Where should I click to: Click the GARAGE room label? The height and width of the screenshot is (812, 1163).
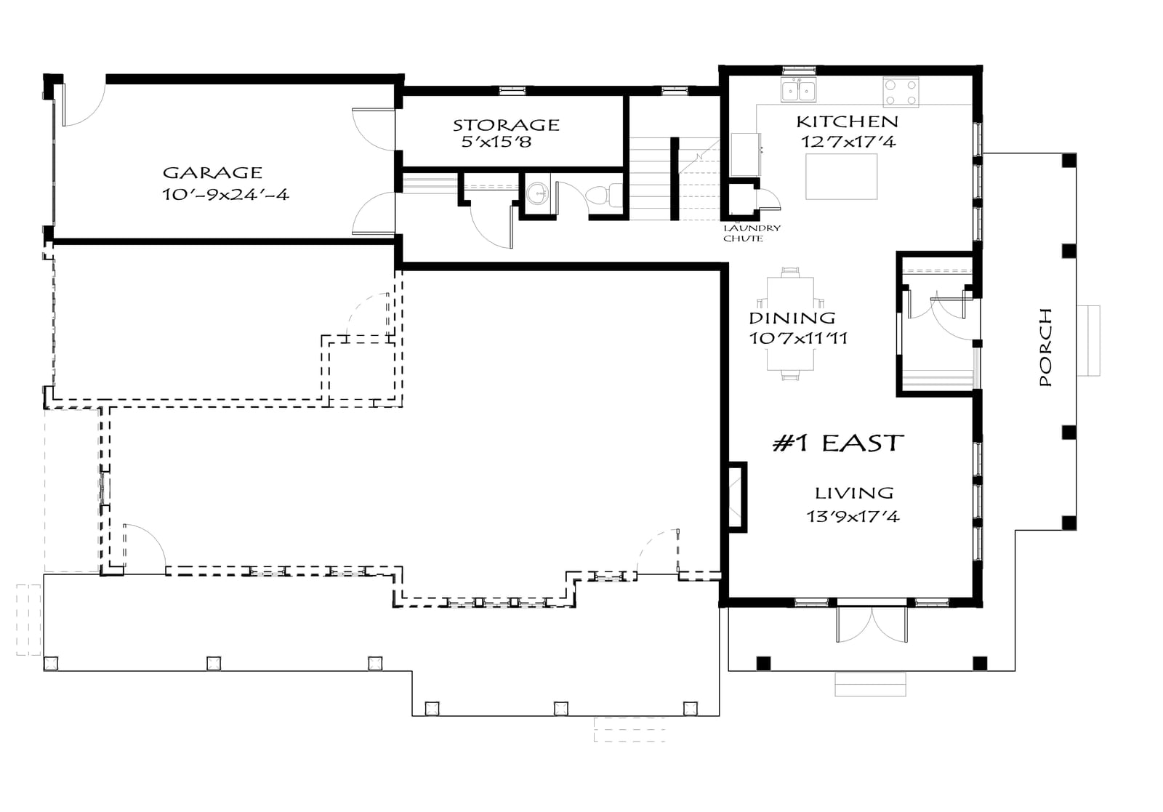pyautogui.click(x=212, y=172)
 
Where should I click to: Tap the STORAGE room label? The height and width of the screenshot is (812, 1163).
pyautogui.click(x=506, y=125)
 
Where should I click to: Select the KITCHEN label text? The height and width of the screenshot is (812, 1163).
pyautogui.click(x=848, y=122)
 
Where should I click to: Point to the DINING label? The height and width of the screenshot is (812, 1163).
pyautogui.click(x=792, y=318)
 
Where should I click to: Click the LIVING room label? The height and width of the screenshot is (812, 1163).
pyautogui.click(x=854, y=493)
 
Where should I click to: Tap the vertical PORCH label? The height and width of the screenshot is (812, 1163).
pyautogui.click(x=1046, y=347)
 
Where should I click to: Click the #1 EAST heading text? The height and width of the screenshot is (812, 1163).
pyautogui.click(x=838, y=443)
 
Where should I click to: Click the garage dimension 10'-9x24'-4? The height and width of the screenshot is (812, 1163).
pyautogui.click(x=225, y=195)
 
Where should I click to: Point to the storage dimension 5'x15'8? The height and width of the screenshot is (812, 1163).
pyautogui.click(x=497, y=142)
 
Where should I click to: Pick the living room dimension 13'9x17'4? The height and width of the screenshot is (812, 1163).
pyautogui.click(x=853, y=517)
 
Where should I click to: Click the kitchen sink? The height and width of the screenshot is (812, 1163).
pyautogui.click(x=799, y=90)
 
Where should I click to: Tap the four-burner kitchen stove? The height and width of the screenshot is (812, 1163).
pyautogui.click(x=901, y=92)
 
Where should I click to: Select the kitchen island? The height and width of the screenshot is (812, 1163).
pyautogui.click(x=841, y=177)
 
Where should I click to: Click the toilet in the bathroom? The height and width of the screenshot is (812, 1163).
pyautogui.click(x=604, y=196)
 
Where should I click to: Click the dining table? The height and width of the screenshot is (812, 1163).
pyautogui.click(x=790, y=324)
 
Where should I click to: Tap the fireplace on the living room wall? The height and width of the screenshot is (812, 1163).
pyautogui.click(x=737, y=497)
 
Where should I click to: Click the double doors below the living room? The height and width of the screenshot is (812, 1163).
pyautogui.click(x=872, y=624)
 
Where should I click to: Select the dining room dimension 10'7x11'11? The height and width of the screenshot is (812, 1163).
pyautogui.click(x=798, y=339)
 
